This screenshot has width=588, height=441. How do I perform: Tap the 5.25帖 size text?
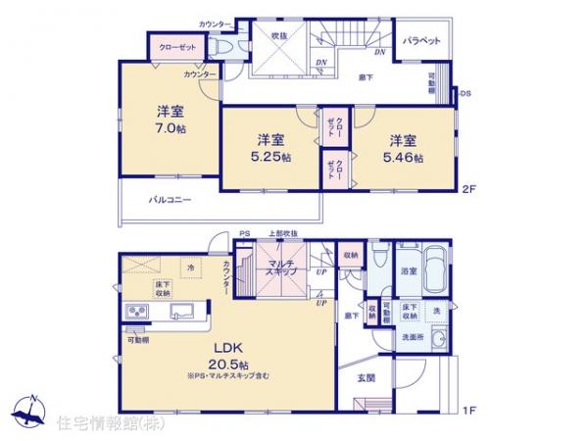(x=268, y=159)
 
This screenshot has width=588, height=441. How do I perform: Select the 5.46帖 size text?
(x=405, y=158)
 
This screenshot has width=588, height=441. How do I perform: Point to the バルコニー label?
(x=170, y=199)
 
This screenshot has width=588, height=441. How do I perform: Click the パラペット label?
(x=421, y=41)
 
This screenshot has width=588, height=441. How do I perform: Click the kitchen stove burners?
(x=135, y=314)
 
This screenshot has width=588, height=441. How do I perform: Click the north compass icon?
(x=29, y=415)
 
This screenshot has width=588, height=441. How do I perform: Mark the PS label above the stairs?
(x=246, y=232)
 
